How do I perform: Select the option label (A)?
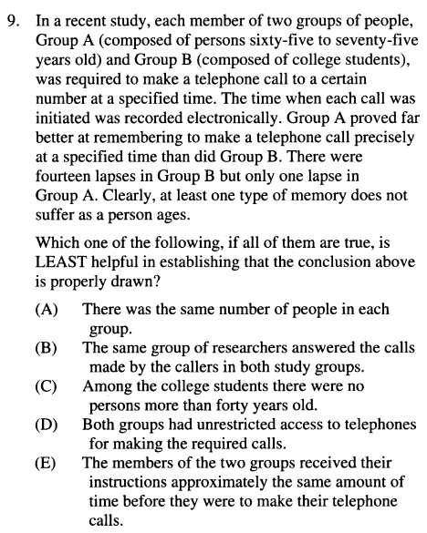coord(47,310)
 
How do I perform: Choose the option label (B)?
coord(47,348)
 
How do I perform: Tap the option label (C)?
coord(47,386)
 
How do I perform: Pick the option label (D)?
coord(47,425)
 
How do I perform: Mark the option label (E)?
coord(47,463)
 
